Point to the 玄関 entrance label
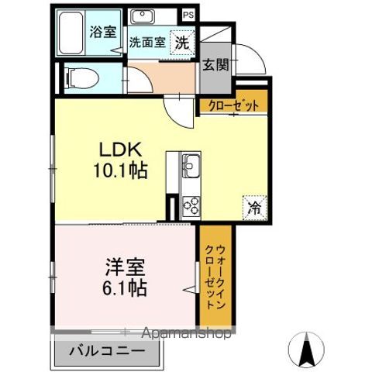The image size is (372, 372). point(216,66)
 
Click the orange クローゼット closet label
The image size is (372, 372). point(232,107)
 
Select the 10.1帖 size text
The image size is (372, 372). point(121,170)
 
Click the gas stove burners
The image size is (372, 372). point(191,206)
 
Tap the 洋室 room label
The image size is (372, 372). point(124,267)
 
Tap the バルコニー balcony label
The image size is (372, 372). point(108,351)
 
